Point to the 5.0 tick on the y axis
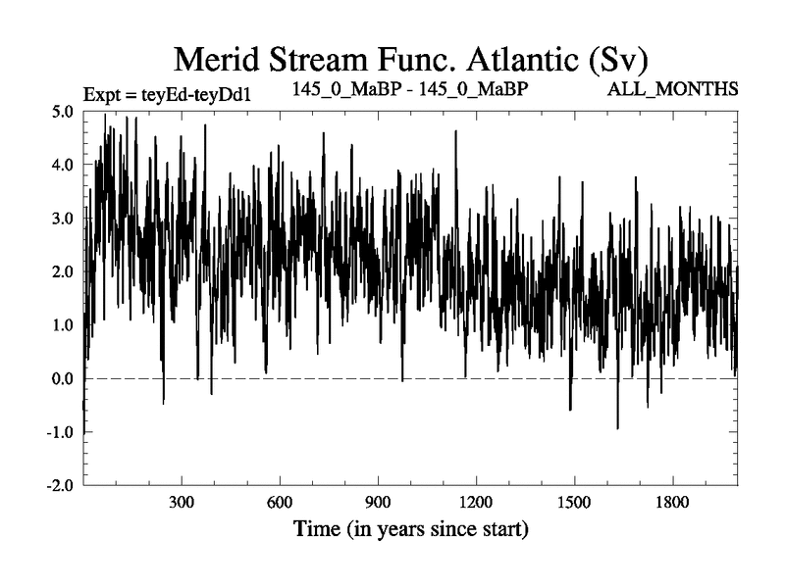coord(62,112)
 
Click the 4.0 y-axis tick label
coord(62,165)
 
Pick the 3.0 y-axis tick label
coord(62,219)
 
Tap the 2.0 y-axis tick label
coord(62,271)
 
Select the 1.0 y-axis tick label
coord(62,325)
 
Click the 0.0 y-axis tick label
coord(62,379)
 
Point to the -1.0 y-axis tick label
coord(59,432)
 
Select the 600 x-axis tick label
coord(280,504)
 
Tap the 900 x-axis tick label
coord(378,504)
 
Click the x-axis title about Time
coord(411,532)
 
